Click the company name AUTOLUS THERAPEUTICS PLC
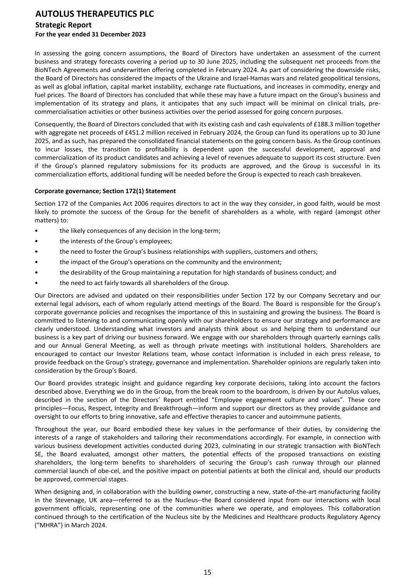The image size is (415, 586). pos(94,14)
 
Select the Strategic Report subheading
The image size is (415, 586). pos(63,25)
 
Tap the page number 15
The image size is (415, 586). pos(207,572)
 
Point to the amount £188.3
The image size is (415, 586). pos(327,124)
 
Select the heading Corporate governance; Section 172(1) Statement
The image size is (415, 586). pos(105,191)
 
